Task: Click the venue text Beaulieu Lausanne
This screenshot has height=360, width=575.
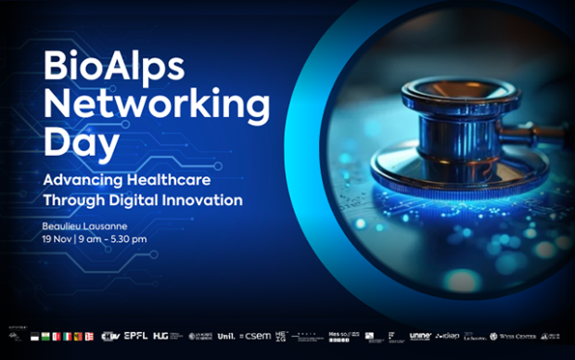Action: (86, 225)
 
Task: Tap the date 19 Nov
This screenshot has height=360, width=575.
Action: (58, 238)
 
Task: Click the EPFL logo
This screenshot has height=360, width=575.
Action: (136, 336)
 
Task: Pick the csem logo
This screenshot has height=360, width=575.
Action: (257, 336)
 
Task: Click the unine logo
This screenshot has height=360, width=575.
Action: (421, 336)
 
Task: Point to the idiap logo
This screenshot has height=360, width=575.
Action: (449, 336)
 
